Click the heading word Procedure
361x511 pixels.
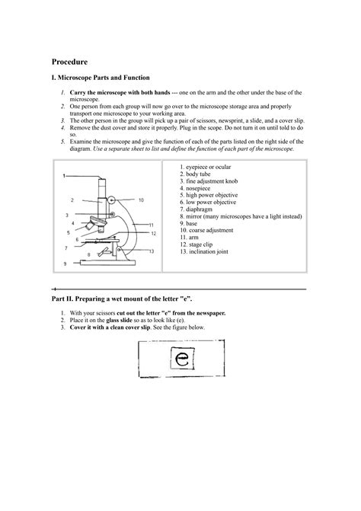coord(69,60)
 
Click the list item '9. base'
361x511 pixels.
coord(191,223)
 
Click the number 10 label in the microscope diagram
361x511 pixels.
coord(140,200)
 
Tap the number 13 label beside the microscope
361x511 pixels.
coord(152,251)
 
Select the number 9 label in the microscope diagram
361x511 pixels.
coord(65,263)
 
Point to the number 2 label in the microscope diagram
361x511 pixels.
coord(72,200)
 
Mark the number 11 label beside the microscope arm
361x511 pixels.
coord(152,225)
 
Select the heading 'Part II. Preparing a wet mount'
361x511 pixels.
coord(122,301)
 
